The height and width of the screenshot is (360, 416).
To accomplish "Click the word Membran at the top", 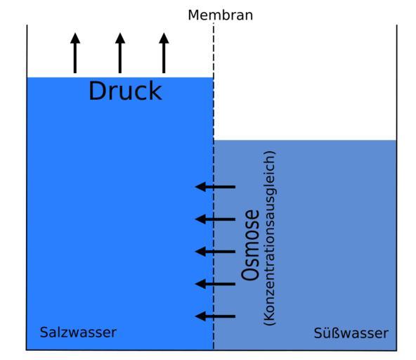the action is (x=220, y=15).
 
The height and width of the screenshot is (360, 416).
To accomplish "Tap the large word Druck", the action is (x=125, y=91).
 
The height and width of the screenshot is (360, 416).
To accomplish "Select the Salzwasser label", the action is (x=78, y=333).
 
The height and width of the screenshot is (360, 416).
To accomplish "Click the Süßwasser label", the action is (x=351, y=333).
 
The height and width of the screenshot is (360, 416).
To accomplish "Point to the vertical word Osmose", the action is (x=250, y=245).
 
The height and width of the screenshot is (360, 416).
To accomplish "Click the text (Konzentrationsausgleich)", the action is (x=270, y=238).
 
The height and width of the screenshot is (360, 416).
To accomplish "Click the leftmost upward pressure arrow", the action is (x=75, y=53).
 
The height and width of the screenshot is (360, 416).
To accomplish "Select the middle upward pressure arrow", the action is (x=120, y=53).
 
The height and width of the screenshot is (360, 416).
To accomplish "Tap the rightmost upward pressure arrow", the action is (x=164, y=53).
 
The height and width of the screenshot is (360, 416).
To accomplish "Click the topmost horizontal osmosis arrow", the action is (x=215, y=187).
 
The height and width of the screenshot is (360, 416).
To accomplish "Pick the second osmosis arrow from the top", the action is (x=215, y=219).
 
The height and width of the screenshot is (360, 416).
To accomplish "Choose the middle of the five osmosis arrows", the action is (x=215, y=252).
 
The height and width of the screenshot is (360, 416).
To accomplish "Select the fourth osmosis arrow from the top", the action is (x=215, y=284).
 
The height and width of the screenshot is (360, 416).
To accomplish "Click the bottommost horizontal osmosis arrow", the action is (x=215, y=316).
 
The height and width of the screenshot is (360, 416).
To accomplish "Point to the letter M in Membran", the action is (x=193, y=15).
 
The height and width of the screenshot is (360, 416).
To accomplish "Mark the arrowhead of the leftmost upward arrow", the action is (x=75, y=38).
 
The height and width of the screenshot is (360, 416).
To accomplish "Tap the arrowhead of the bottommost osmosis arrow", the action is (x=200, y=316).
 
